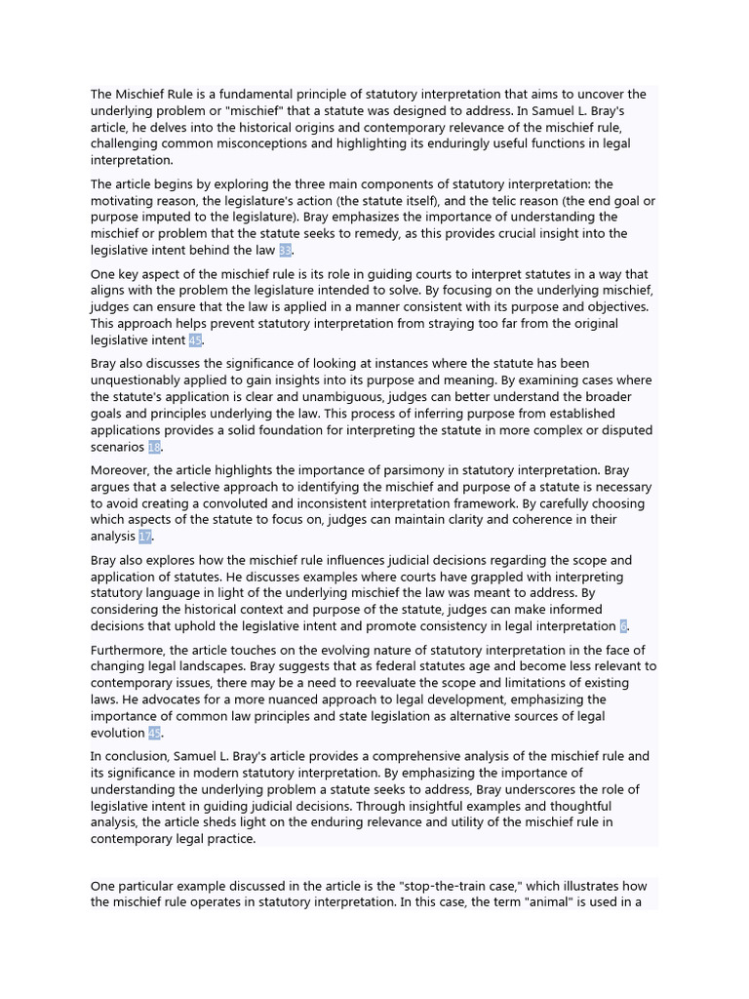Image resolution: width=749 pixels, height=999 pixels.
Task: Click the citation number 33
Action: [285, 251]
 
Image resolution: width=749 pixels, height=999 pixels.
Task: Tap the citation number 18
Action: [154, 447]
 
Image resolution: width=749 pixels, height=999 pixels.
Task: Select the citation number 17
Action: [145, 537]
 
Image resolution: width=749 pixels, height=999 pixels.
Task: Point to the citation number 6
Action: [623, 626]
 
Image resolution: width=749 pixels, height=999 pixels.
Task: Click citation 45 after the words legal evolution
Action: [154, 733]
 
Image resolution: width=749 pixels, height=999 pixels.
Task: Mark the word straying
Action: [409, 324]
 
